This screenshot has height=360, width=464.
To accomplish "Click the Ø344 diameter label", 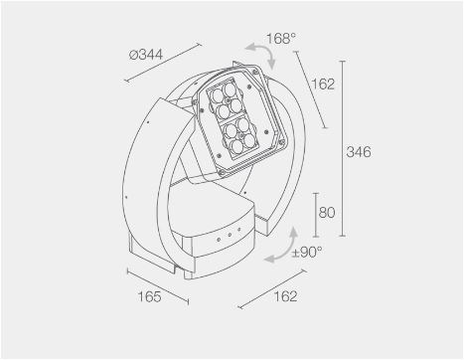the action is [x=146, y=55].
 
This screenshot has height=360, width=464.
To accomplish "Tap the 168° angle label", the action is [x=280, y=39].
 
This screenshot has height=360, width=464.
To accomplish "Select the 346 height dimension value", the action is [x=359, y=152].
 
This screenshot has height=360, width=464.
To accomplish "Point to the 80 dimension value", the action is [x=327, y=212].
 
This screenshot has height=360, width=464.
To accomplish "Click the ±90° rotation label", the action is [x=307, y=253].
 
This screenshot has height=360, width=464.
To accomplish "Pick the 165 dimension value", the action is [x=149, y=296].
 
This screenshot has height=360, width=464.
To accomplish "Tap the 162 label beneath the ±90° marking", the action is [x=285, y=296].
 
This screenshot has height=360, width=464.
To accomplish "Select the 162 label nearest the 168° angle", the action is [x=323, y=85].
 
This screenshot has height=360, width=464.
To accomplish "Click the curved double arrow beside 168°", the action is [x=264, y=52].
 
